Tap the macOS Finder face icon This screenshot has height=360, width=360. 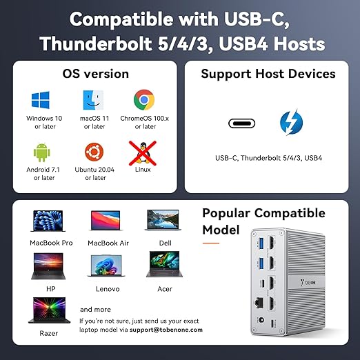coord(93,100)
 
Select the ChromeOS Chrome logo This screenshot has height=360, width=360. coord(145,100)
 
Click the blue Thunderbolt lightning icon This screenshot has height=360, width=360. coord(290,123)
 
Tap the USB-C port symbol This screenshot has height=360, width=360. coord(241,123)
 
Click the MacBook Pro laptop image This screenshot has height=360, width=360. coord(50,221)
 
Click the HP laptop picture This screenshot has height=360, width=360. coord(50,264)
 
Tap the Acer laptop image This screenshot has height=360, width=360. coord(163,264)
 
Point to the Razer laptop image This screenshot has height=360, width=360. coord(49,310)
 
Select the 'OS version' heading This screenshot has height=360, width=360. coord(95,74)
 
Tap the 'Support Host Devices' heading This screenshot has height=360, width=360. coord(268,74)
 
